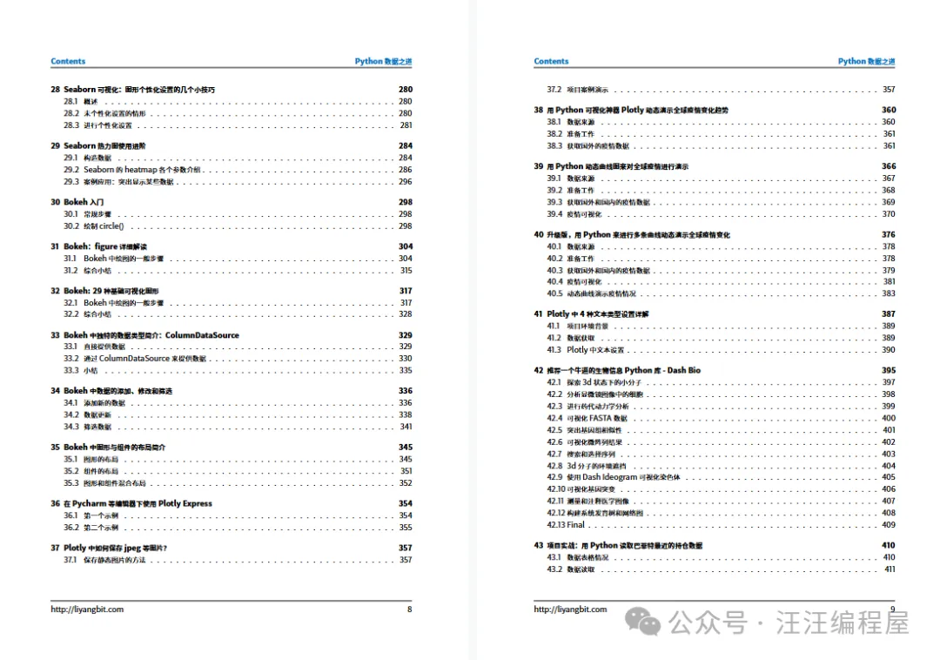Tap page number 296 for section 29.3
[406, 182]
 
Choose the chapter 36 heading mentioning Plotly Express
[131, 503]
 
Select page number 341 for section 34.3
[406, 427]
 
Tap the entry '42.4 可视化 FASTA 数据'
[587, 418]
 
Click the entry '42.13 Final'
[566, 525]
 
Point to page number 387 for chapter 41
[888, 314]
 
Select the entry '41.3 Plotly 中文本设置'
[586, 350]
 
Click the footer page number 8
[409, 609]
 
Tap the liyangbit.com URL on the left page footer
[87, 609]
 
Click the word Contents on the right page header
[551, 62]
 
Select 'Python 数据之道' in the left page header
[383, 62]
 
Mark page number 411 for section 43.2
[889, 569]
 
